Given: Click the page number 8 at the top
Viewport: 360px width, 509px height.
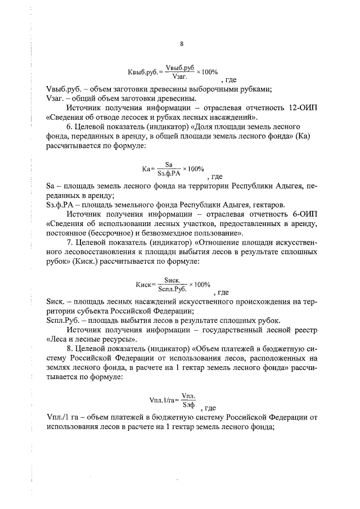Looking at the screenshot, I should click(x=181, y=44).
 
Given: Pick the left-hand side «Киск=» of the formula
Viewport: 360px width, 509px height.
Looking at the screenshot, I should click(x=145, y=285).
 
